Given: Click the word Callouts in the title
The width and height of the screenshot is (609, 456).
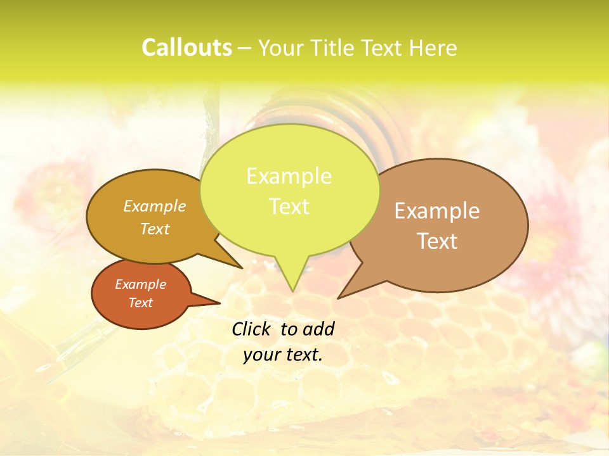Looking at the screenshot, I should [x=187, y=47].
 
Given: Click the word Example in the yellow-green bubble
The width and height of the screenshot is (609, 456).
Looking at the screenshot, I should [x=289, y=176].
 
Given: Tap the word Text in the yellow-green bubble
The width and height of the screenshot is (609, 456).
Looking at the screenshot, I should [x=289, y=206].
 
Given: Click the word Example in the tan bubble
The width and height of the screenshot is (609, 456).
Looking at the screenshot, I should [x=437, y=211].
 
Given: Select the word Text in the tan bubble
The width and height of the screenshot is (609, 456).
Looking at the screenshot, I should [x=437, y=241].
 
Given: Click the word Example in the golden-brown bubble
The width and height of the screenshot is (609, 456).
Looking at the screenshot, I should [x=155, y=206].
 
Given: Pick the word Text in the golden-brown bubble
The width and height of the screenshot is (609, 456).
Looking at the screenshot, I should [x=155, y=229].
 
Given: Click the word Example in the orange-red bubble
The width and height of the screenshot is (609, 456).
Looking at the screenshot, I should [x=140, y=284].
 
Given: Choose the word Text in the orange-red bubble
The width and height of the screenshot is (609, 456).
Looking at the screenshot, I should [x=140, y=303].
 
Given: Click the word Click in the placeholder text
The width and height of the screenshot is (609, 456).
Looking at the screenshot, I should [x=252, y=329].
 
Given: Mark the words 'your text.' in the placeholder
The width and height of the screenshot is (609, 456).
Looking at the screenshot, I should [x=283, y=355].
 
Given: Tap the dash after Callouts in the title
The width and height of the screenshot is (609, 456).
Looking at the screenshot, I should [x=245, y=48].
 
